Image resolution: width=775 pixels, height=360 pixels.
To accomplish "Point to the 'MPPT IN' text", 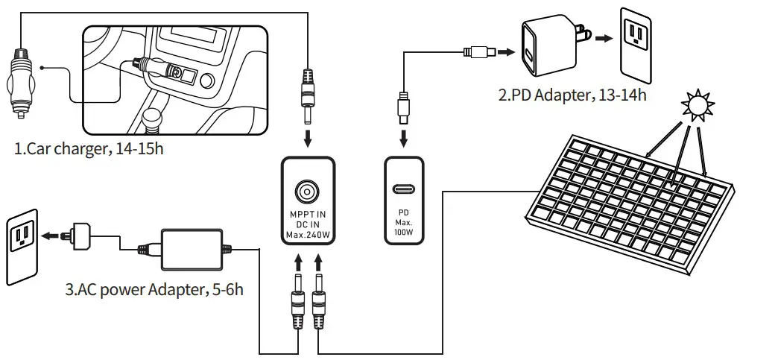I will [x=307, y=215].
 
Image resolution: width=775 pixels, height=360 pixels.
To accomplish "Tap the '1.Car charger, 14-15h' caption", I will [x=89, y=148].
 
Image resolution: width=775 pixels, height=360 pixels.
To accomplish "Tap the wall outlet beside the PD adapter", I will [x=639, y=45].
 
